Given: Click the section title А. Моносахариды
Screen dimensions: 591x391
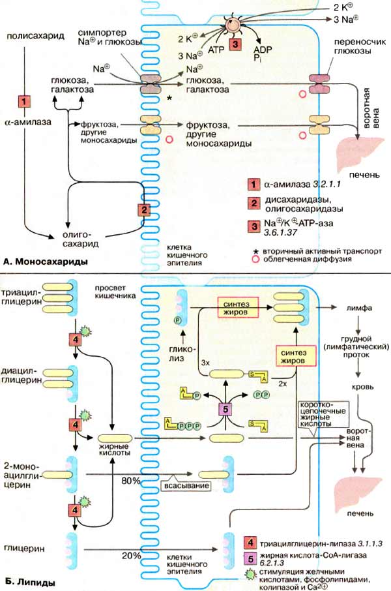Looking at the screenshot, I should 46,262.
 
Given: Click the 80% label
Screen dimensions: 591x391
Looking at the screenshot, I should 139,481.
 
